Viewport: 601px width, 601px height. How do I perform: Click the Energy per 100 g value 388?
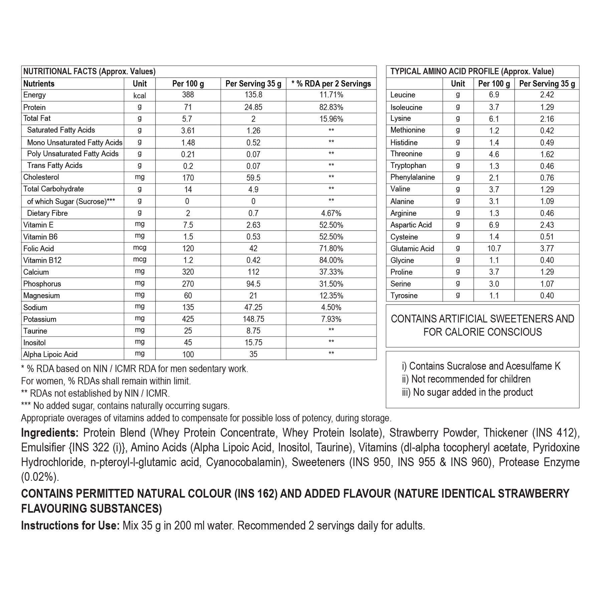(188, 95)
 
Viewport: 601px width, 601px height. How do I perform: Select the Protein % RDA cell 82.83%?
(331, 107)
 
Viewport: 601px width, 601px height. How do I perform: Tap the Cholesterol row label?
(41, 177)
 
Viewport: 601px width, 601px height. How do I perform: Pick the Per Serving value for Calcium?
(253, 272)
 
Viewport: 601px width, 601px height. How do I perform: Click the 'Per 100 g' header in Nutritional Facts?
(188, 83)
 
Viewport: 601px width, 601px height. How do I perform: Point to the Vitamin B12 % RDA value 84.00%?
(331, 260)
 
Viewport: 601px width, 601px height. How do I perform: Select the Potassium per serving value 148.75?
(253, 319)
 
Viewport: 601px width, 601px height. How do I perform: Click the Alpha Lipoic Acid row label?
(50, 354)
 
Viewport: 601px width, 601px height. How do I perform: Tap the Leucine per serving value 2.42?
(547, 95)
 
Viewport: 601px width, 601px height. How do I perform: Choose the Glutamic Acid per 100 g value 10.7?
(494, 248)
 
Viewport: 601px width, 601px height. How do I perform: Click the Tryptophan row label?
(408, 166)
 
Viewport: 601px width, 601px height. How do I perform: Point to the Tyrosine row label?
(404, 295)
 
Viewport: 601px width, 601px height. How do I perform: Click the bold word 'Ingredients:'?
(50, 433)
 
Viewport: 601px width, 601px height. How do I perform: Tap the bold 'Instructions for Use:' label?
(70, 526)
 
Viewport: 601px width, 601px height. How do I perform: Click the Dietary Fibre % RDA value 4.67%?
(331, 213)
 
